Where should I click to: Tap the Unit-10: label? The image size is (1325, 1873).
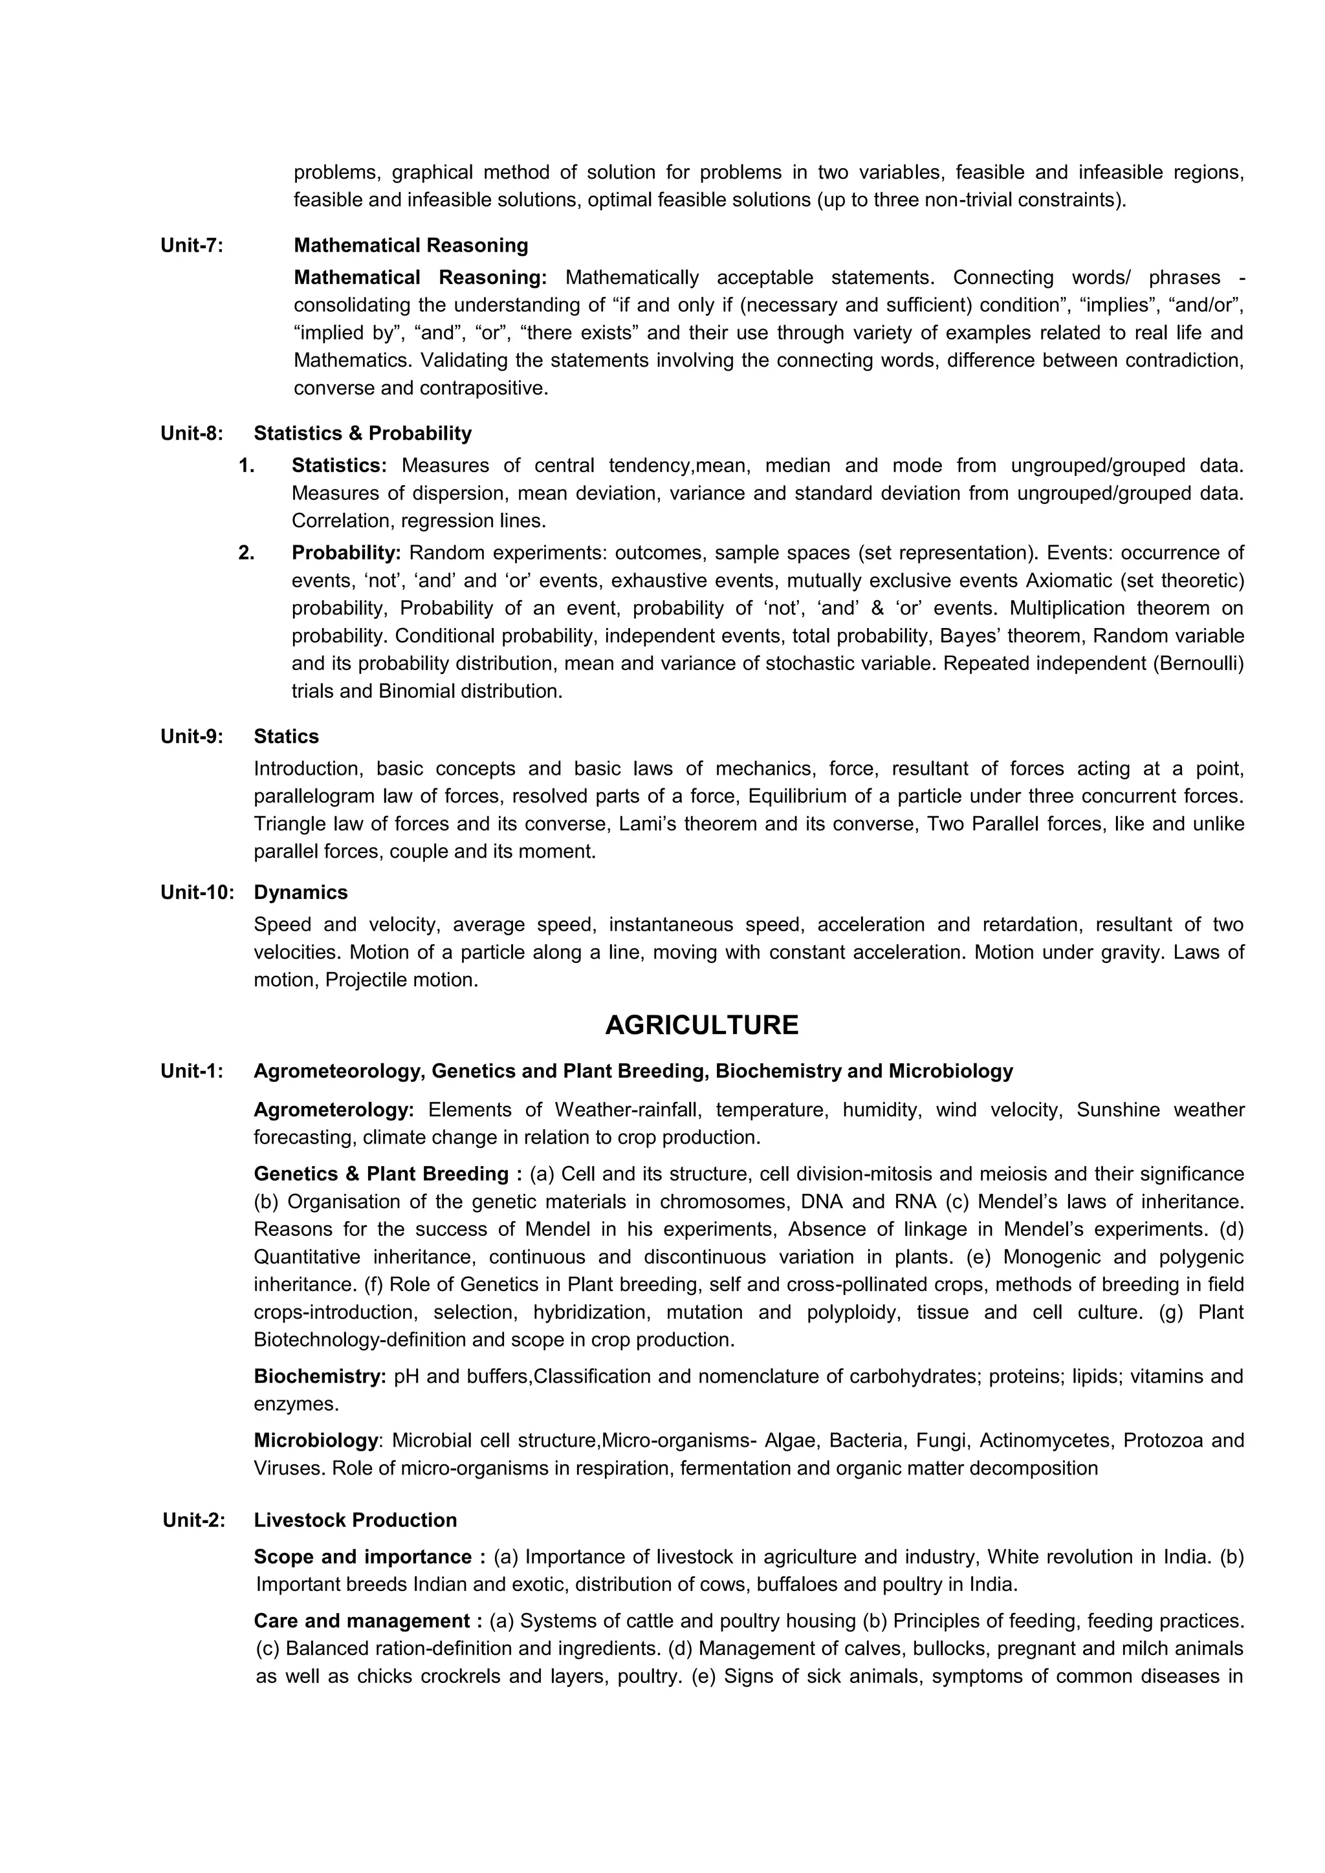[x=197, y=893]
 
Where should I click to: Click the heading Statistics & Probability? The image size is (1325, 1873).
[x=362, y=433]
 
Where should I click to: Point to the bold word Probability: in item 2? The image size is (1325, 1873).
[x=346, y=553]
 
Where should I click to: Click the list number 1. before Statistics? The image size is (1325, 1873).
[x=246, y=466]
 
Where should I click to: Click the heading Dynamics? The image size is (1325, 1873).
[x=300, y=893]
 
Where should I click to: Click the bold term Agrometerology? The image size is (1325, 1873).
[x=334, y=1110]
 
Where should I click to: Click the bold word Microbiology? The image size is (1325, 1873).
[x=315, y=1440]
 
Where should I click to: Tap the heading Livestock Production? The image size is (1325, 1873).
[x=355, y=1521]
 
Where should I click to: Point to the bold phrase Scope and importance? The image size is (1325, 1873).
[x=362, y=1557]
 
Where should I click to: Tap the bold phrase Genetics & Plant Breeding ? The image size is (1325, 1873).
[x=388, y=1174]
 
